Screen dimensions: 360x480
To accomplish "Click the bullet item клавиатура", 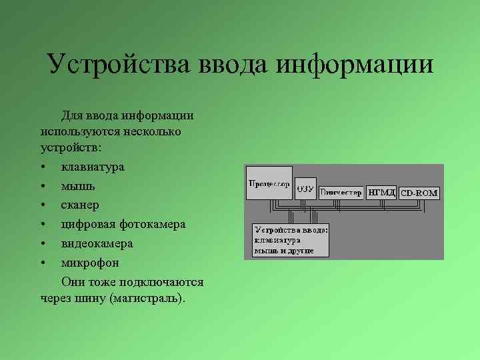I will coord(93,167).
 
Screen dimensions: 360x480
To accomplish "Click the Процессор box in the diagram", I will coord(269,183).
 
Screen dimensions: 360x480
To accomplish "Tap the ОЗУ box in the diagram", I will coord(305,189).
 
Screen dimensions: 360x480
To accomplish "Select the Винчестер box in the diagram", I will coord(341,193).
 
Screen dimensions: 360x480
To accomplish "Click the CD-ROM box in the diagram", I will coord(419,193).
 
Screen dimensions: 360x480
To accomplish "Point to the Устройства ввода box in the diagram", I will coord(291,239).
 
